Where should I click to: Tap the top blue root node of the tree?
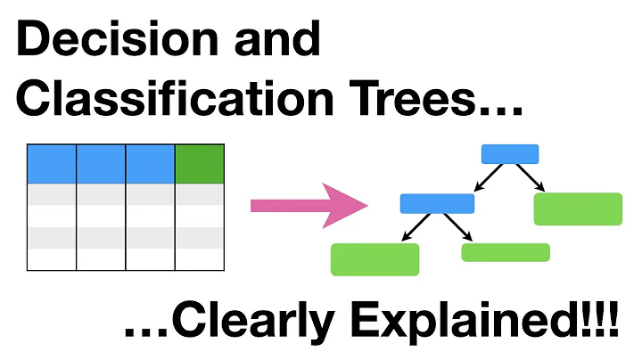510,154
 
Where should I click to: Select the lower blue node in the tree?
437,203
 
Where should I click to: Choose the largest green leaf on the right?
578,209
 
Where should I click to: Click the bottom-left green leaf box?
374,259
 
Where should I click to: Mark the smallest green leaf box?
506,252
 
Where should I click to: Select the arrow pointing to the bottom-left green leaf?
412,228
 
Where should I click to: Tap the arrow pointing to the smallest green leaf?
462,228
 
